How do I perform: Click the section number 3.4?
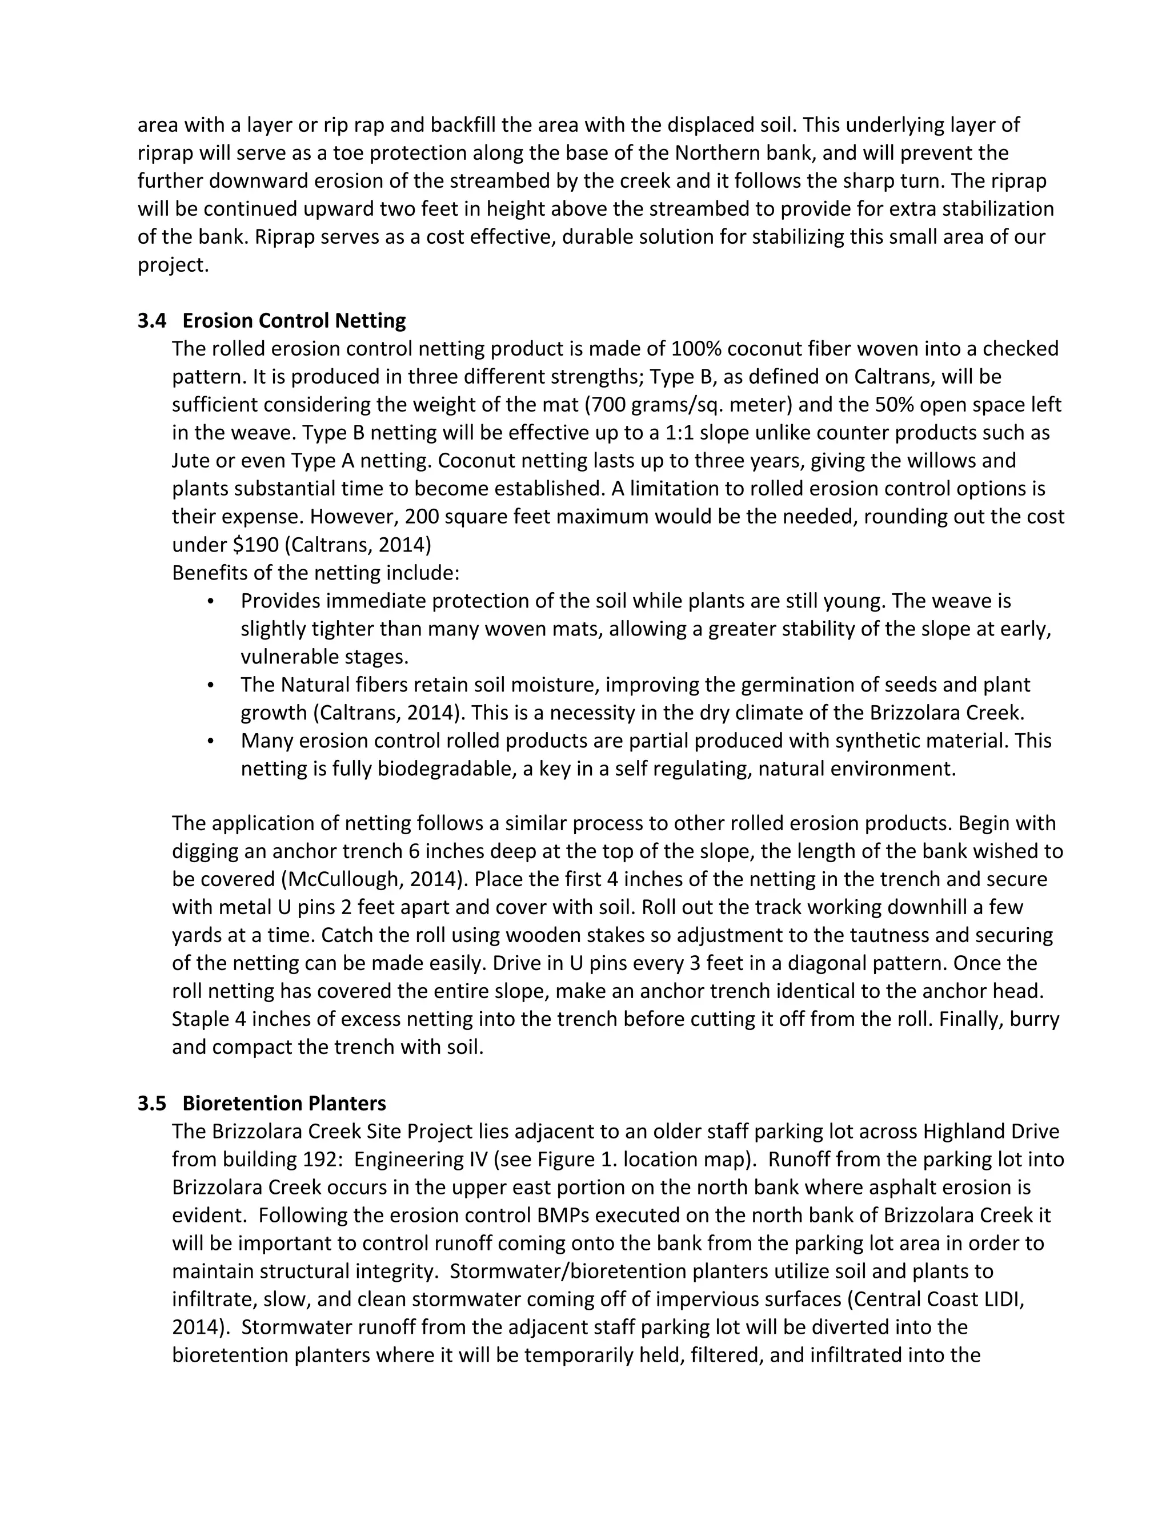coord(152,321)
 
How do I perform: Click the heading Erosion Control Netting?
coord(294,321)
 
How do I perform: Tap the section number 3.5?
coord(152,1103)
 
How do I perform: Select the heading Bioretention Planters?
coord(284,1103)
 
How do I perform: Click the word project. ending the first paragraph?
coord(173,265)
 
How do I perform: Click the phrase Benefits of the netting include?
coord(315,573)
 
